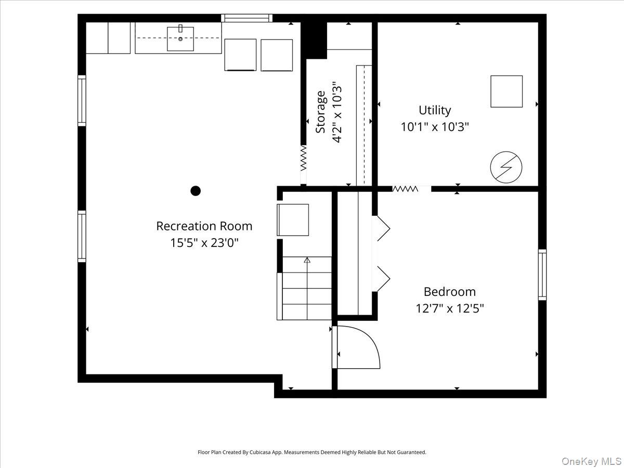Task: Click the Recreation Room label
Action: tap(204, 226)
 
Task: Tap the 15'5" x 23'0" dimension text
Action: tap(204, 243)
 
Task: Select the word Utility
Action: tap(435, 111)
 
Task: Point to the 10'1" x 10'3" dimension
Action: tap(435, 127)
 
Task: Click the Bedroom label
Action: tap(450, 292)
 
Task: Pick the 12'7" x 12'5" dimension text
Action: tap(450, 308)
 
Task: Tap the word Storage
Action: tap(320, 112)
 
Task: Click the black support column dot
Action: tap(196, 191)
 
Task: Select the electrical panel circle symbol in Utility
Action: tap(506, 167)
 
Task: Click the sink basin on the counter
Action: tap(180, 39)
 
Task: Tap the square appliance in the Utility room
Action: tap(506, 91)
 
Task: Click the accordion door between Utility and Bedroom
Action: tap(405, 189)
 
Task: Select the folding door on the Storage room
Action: tap(304, 158)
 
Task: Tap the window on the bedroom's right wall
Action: tap(542, 275)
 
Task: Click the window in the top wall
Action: tap(247, 18)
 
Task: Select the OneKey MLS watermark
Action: tap(592, 461)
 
